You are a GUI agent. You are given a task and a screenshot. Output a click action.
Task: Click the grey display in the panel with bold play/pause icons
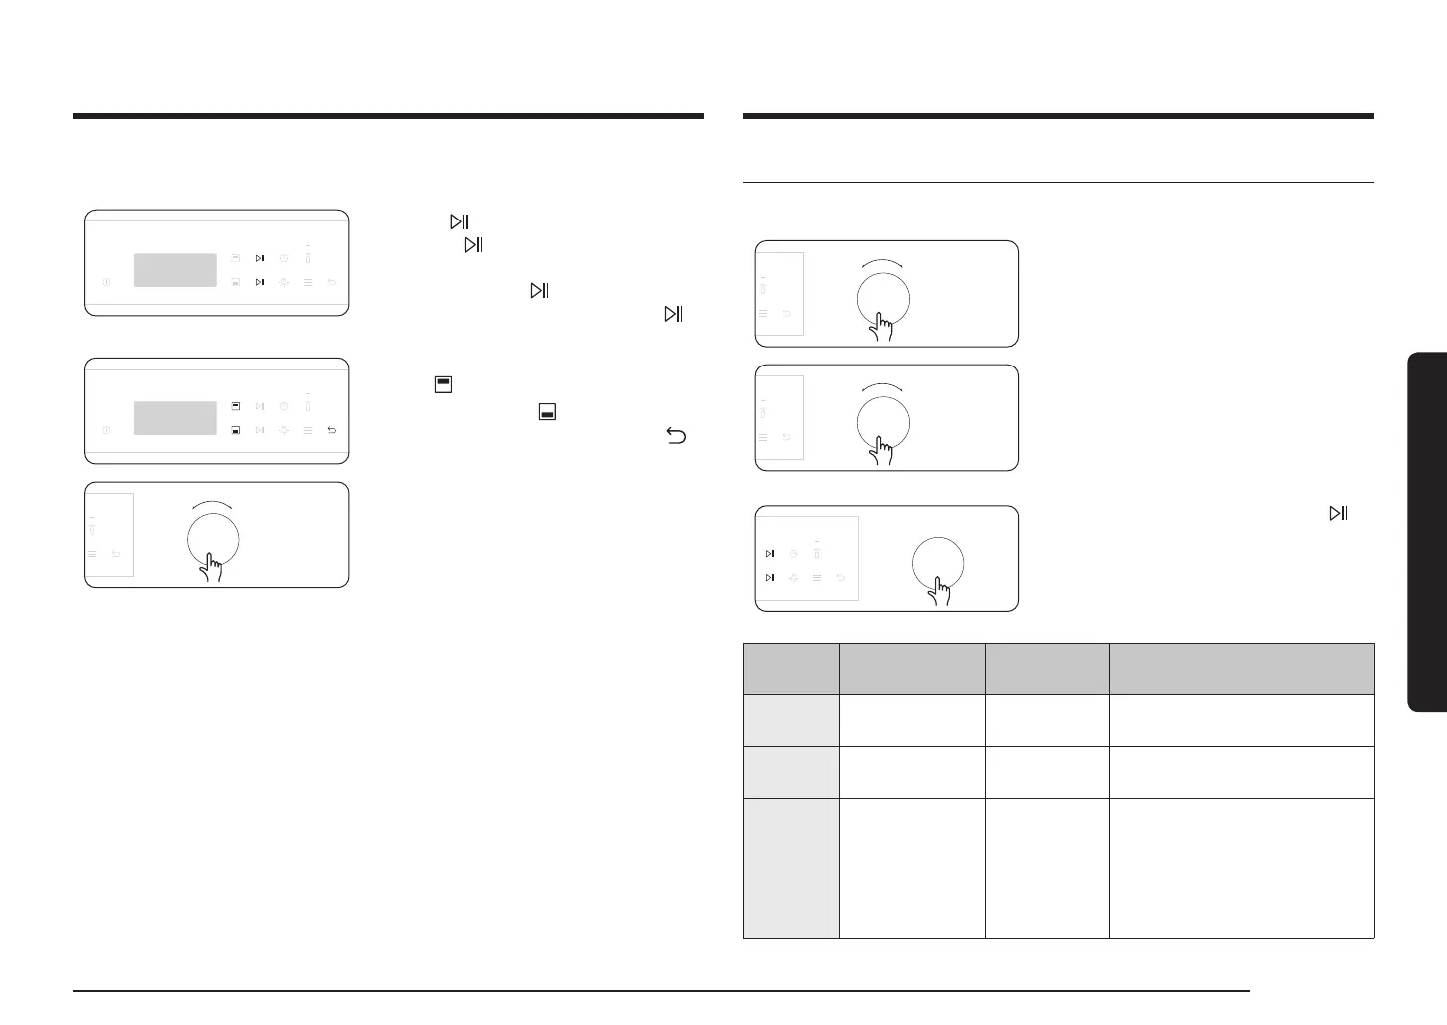[x=175, y=270]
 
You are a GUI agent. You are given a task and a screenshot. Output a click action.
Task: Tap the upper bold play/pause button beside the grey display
[x=260, y=258]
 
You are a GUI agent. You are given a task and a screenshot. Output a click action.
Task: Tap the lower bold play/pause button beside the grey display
[x=260, y=282]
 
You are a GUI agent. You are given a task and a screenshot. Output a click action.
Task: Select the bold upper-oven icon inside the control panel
[x=236, y=406]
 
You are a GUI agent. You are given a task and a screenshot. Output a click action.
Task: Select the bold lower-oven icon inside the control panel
[x=236, y=430]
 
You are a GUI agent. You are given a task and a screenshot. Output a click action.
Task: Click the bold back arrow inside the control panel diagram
[x=331, y=430]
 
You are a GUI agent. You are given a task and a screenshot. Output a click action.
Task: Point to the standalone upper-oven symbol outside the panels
[x=443, y=383]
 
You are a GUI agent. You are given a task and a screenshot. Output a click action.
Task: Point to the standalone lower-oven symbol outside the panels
[x=547, y=411]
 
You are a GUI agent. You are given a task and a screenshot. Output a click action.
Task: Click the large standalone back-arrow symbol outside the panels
[x=676, y=435]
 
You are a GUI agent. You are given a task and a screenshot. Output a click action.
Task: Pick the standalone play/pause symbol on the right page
[x=1338, y=513]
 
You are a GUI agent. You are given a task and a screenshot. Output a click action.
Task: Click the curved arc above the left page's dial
[x=214, y=503]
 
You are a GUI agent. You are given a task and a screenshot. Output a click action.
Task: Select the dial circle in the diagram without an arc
[x=938, y=563]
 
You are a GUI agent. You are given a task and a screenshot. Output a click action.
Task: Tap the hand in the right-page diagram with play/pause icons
[x=940, y=593]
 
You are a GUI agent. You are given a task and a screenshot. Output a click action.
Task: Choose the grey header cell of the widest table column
[x=1241, y=667]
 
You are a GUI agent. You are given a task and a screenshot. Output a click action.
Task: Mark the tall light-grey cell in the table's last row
[x=791, y=867]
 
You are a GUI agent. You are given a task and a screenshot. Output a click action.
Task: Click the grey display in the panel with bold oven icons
[x=175, y=418]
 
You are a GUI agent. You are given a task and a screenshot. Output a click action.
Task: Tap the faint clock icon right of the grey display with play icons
[x=284, y=258]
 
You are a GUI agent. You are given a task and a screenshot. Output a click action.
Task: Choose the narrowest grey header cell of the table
[x=791, y=667]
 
